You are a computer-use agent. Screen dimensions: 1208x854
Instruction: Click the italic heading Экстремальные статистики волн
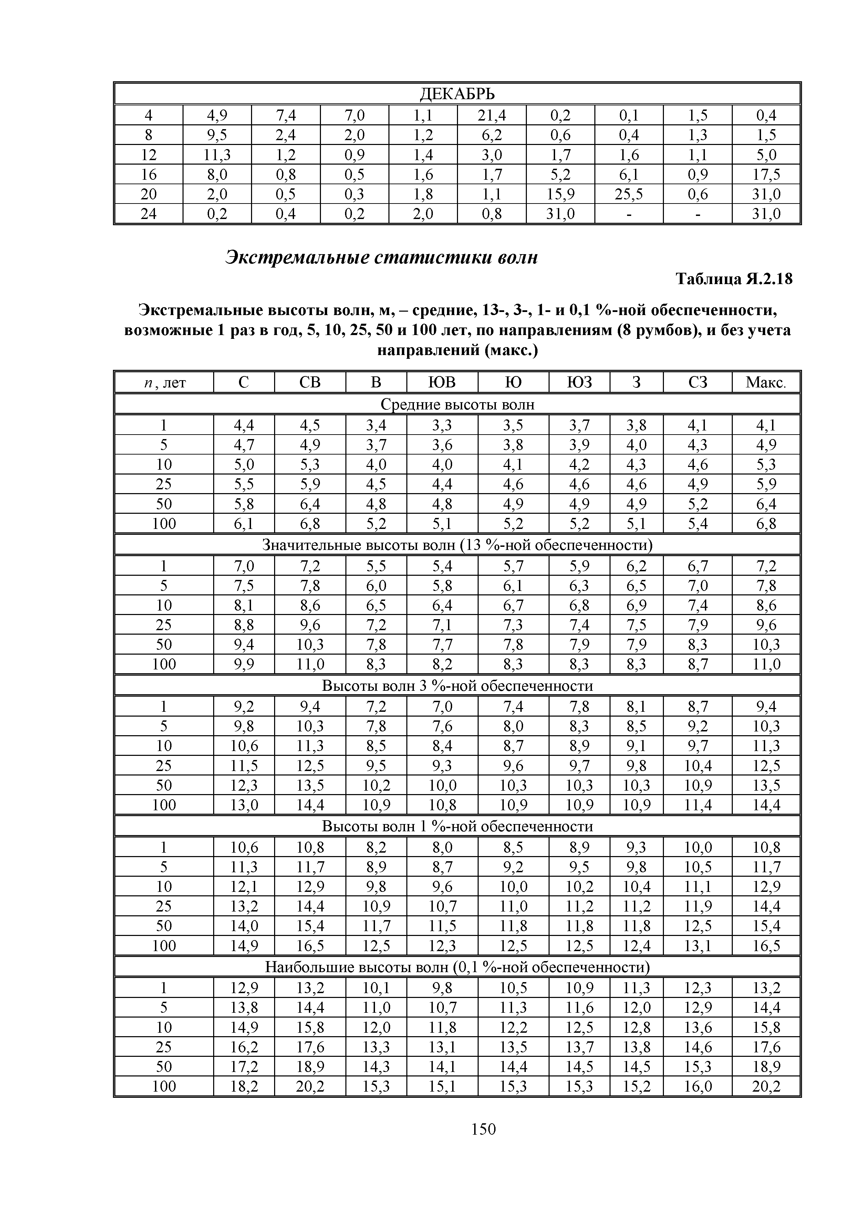[382, 257]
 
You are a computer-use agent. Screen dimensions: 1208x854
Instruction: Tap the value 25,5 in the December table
[629, 194]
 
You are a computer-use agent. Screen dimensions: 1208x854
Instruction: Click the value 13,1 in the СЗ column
[698, 946]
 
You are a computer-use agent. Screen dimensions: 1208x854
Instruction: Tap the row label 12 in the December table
[149, 155]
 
